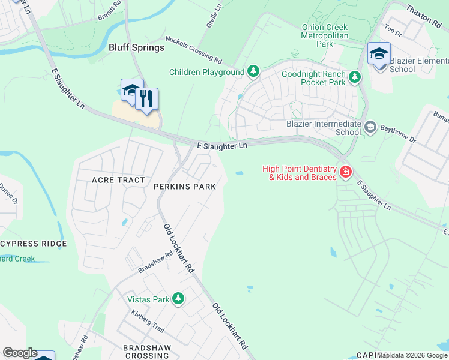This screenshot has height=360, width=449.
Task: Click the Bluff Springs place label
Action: [136, 47]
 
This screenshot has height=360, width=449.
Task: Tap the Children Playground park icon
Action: [254, 72]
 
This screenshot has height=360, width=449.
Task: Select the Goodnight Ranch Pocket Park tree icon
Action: [355, 77]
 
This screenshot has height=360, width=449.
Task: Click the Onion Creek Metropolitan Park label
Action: [325, 35]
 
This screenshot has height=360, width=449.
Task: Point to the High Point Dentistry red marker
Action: [345, 173]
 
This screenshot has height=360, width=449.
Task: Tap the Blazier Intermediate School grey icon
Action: [370, 126]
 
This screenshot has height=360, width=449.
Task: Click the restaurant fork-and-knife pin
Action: [146, 99]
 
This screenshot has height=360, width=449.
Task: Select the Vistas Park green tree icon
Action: [178, 298]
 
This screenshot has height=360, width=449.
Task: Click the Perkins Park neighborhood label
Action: [185, 187]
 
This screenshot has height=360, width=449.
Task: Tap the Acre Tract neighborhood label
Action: [118, 180]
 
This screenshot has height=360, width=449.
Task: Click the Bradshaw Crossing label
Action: [147, 352]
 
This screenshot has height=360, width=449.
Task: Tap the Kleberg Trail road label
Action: [148, 322]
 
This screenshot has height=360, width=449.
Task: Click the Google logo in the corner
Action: [20, 353]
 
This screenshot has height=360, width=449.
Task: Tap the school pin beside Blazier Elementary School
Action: [379, 54]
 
